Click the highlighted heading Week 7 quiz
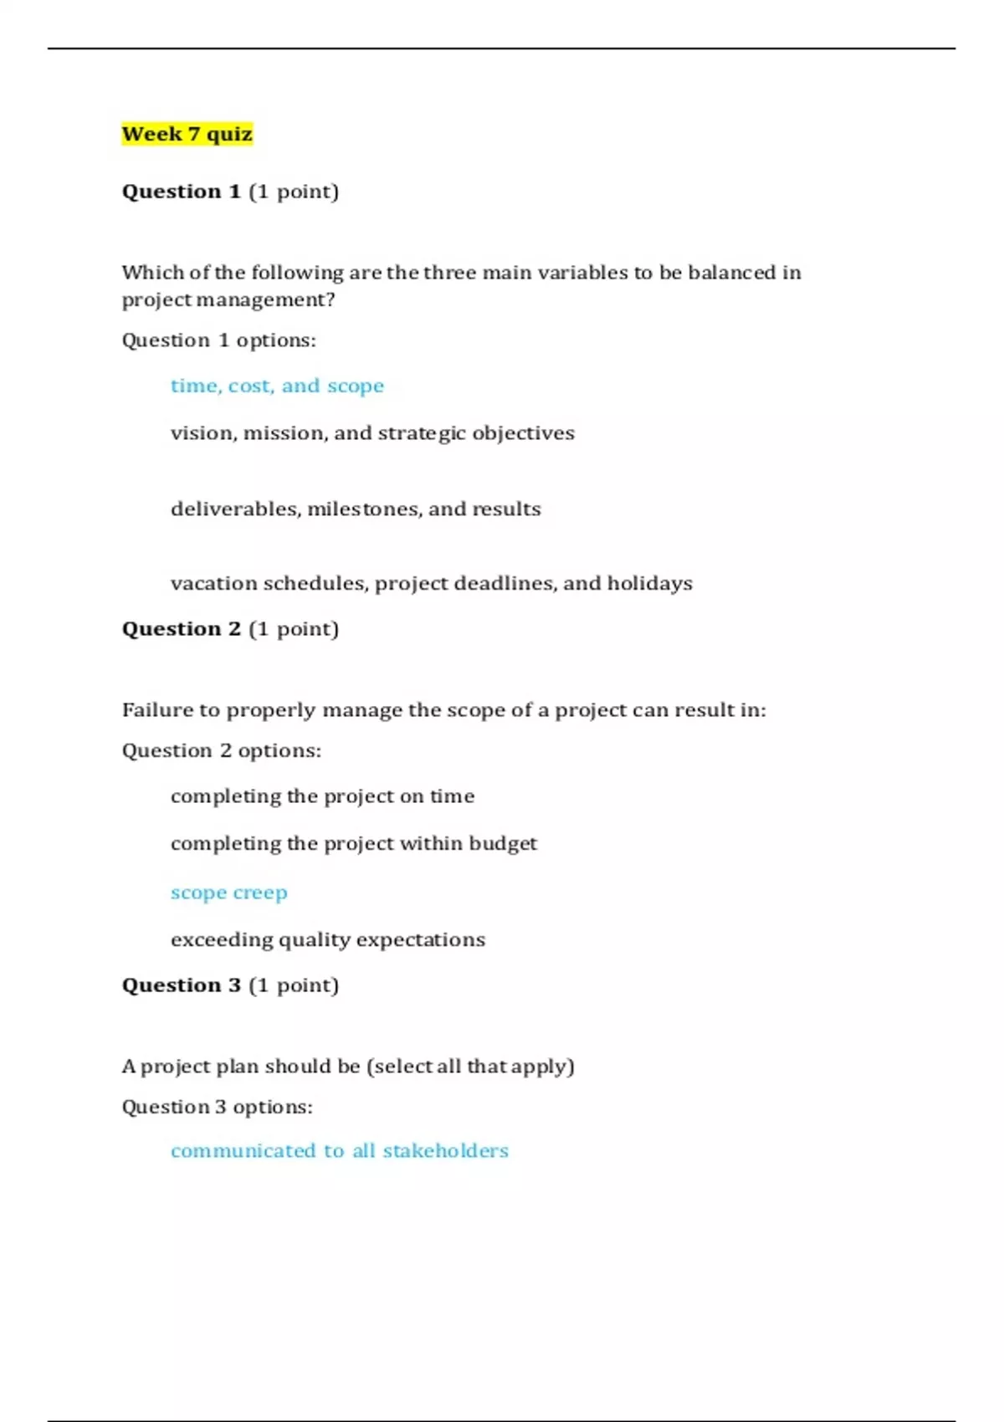[187, 134]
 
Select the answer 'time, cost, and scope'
[277, 386]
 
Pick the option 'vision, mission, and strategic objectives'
[372, 433]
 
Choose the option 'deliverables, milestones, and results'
[356, 509]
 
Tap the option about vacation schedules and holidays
[431, 583]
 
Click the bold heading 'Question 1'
[182, 192]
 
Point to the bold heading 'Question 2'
[182, 629]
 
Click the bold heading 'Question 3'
[182, 985]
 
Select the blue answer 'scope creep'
[228, 893]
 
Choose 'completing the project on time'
[322, 796]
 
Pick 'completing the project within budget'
[353, 843]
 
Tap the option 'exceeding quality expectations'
[327, 940]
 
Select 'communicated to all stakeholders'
[339, 1151]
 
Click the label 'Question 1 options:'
[218, 340]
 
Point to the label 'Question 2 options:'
[221, 751]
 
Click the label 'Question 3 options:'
[217, 1107]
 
